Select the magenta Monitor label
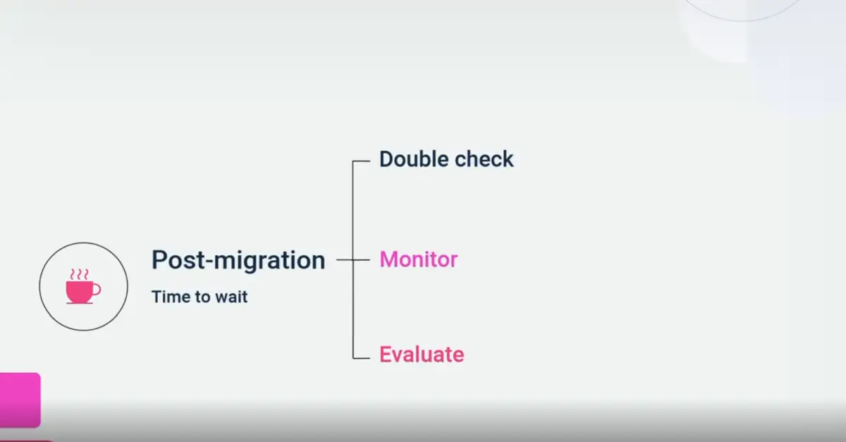(419, 259)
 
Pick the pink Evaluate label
(422, 354)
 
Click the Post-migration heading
(238, 261)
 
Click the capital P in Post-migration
(159, 260)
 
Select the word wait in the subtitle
(231, 297)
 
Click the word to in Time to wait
(201, 297)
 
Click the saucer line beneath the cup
(80, 302)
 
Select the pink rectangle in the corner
(20, 400)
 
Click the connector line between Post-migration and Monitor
(345, 260)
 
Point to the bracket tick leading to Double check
(361, 161)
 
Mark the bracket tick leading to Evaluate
(361, 359)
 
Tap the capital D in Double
(386, 159)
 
